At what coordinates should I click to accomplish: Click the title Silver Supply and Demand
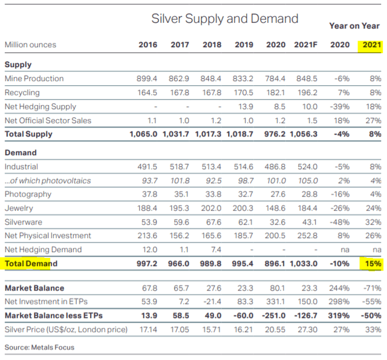(224, 19)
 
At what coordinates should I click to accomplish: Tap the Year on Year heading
(354, 25)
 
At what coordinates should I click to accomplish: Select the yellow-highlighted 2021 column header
(371, 45)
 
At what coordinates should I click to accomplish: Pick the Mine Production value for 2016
(148, 79)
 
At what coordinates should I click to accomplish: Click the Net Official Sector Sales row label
(48, 120)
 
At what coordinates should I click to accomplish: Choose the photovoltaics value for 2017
(180, 180)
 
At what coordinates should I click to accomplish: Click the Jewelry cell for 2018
(213, 208)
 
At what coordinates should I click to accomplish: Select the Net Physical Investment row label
(48, 236)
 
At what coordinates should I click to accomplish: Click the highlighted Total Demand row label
(31, 263)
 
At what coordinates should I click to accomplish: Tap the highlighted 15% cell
(371, 263)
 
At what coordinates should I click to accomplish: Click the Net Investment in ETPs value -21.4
(212, 301)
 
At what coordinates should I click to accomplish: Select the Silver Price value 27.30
(306, 329)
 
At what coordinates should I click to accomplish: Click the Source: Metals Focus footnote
(39, 347)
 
